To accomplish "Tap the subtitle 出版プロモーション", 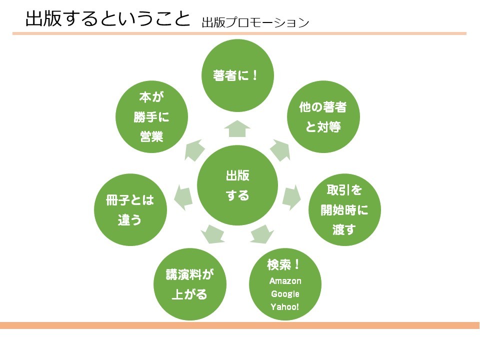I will (255, 22).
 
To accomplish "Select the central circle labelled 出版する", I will (237, 185).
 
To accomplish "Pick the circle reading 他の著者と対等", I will (322, 117).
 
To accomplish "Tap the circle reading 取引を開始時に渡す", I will (344, 210).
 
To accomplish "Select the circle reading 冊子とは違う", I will (130, 210).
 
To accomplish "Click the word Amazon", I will (285, 281).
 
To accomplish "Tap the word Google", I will (285, 294).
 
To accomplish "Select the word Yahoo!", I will (285, 306).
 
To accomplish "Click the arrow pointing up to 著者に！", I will (237, 128).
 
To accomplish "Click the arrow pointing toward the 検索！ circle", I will (261, 233).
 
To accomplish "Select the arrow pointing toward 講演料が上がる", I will (212, 233).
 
